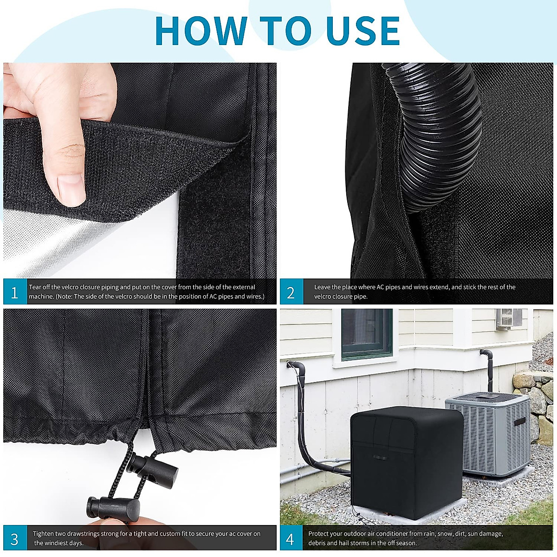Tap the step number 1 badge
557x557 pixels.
click(15, 292)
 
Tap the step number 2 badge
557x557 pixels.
click(291, 292)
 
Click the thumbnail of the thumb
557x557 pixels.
click(71, 188)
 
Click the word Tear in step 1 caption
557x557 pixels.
click(36, 287)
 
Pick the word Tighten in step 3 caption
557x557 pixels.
click(43, 534)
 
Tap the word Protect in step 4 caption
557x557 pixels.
click(320, 534)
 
